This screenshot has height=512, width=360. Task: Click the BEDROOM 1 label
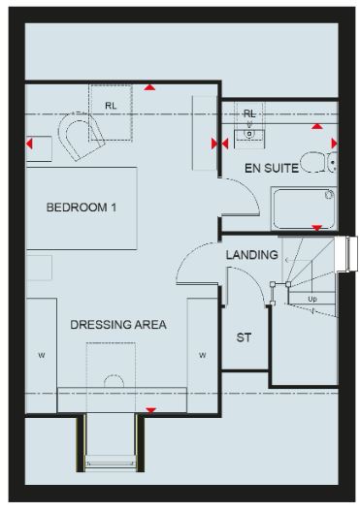click(82, 208)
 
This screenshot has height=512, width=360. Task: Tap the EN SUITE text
click(272, 168)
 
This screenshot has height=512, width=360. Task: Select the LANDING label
click(252, 255)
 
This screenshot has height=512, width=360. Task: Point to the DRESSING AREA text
click(118, 325)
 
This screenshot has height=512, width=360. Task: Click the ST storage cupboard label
click(244, 337)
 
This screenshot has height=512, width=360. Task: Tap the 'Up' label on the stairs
click(312, 299)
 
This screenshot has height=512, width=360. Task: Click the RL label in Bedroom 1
click(111, 106)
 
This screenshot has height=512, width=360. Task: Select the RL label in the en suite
click(249, 114)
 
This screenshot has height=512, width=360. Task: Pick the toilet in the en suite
click(318, 162)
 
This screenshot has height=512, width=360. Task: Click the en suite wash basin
click(249, 135)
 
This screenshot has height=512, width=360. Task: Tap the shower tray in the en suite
click(304, 208)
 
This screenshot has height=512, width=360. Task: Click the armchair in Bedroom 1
click(81, 137)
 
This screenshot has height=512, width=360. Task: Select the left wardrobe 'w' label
click(41, 355)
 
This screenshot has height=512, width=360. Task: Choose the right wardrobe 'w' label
click(202, 355)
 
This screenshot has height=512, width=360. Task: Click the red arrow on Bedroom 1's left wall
click(29, 144)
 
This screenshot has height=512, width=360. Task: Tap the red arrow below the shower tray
click(316, 228)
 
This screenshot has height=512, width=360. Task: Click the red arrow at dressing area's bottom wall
click(150, 410)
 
